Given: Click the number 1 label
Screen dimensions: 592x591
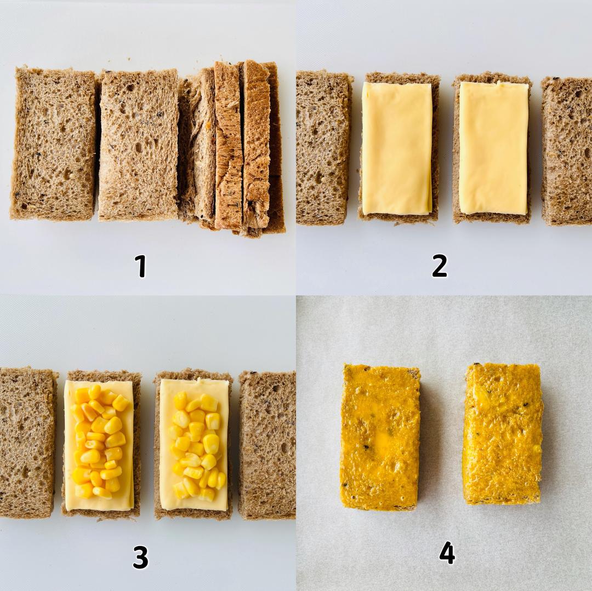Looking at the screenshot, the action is (140, 266).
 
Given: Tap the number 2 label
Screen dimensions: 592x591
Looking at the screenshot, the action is (440, 266).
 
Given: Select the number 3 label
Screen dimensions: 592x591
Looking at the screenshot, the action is (140, 557).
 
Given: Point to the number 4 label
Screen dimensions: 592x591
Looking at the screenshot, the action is (447, 553).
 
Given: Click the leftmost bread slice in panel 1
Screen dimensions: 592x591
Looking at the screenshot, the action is (54, 144).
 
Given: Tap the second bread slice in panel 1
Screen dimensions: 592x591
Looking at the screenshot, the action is (138, 145).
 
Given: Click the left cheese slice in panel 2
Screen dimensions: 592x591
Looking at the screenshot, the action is (397, 148).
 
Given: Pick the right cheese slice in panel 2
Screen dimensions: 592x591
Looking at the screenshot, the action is (493, 148).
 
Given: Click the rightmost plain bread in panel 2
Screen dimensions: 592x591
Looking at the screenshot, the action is (567, 151).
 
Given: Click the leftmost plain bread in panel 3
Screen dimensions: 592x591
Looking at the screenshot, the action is (27, 443).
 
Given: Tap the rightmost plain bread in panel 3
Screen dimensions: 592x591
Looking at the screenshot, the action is (267, 445).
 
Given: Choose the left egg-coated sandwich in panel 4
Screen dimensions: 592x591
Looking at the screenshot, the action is (380, 437).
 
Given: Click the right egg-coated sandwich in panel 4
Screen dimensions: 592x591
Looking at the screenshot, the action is (503, 434).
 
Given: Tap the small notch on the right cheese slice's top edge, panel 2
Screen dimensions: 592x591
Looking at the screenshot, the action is (499, 83).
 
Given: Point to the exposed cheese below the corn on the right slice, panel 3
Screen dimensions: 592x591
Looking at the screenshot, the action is (195, 506).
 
